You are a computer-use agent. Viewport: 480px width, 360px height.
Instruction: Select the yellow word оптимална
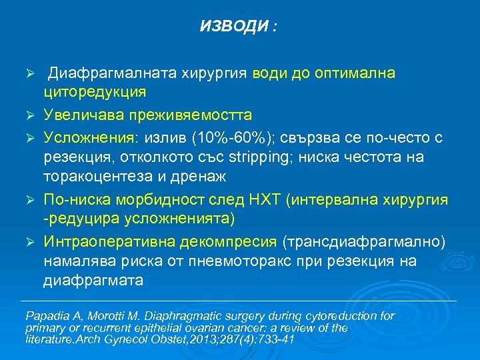coord(356,73)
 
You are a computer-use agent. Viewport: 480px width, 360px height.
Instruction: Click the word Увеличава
coord(88,115)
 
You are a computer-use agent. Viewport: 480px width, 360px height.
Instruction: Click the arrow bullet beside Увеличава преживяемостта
coord(29,115)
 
